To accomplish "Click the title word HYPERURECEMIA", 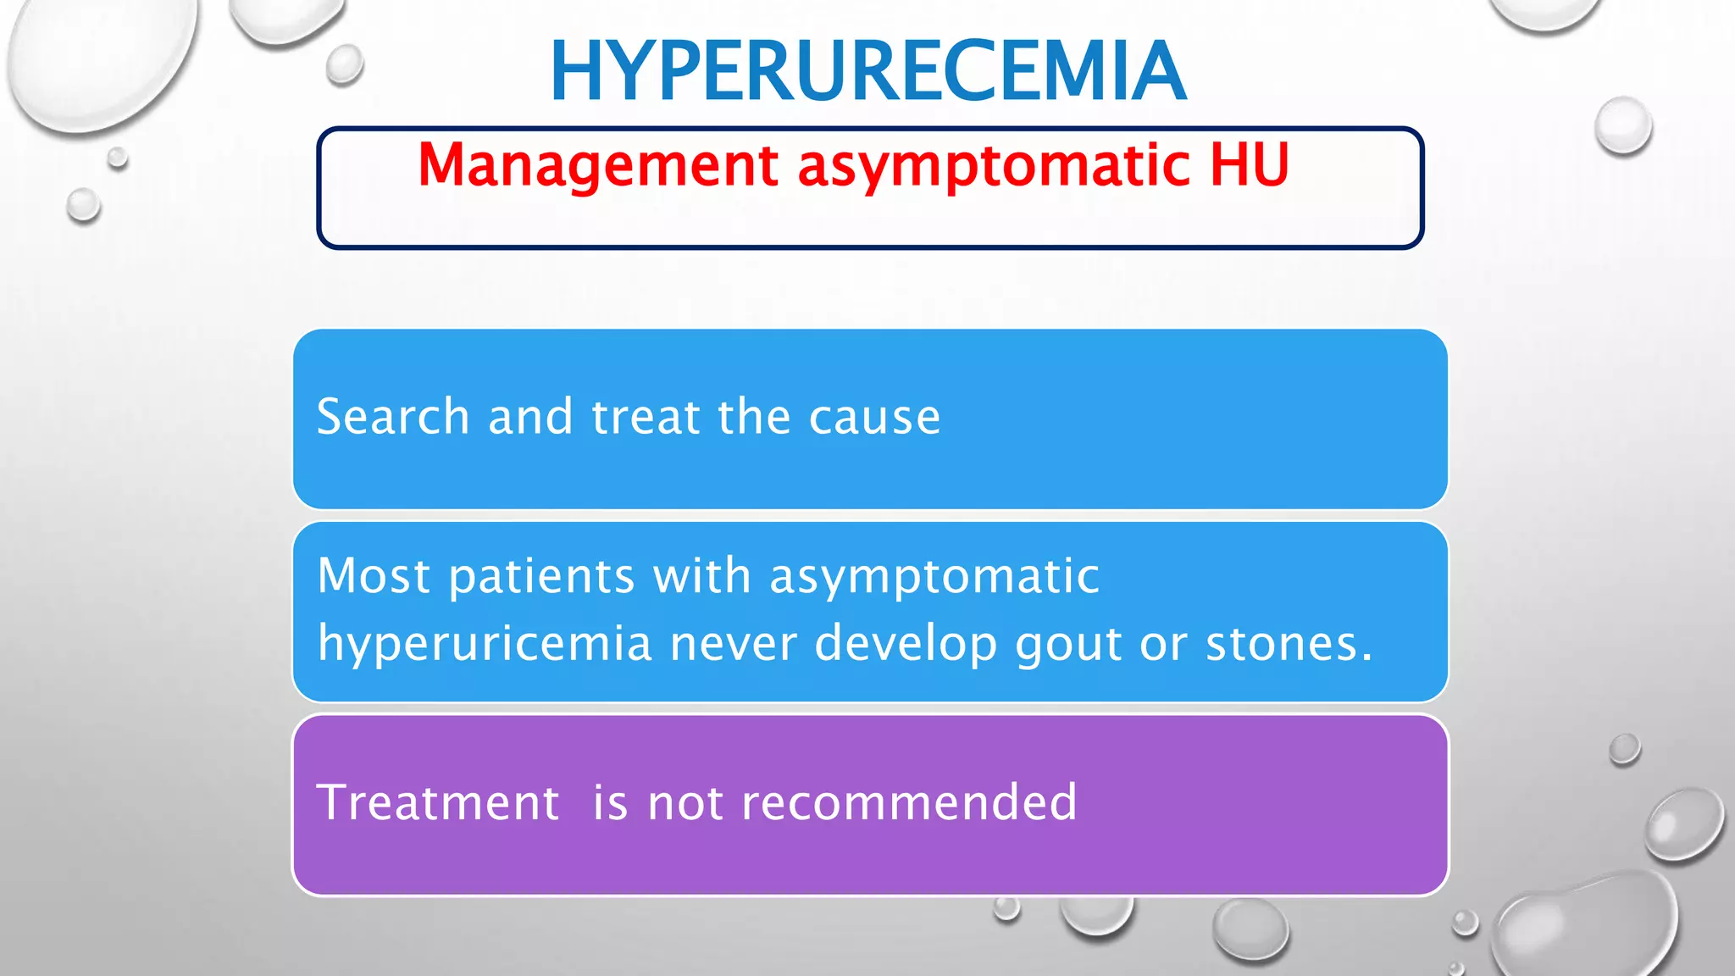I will (x=867, y=71).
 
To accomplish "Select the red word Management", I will (x=597, y=164).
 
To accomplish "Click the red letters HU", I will (x=1249, y=164).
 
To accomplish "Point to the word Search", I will (x=392, y=417).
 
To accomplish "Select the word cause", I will (x=874, y=419).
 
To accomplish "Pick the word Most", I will (x=374, y=576).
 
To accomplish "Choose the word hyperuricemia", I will (x=485, y=644).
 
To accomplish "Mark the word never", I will (x=734, y=644).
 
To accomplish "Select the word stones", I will (x=1288, y=644).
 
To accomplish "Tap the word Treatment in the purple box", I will (x=437, y=802).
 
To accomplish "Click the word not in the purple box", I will (x=685, y=804).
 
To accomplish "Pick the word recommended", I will (x=909, y=802).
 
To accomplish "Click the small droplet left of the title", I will (x=345, y=64).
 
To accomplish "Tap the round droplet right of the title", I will (x=1622, y=125).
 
